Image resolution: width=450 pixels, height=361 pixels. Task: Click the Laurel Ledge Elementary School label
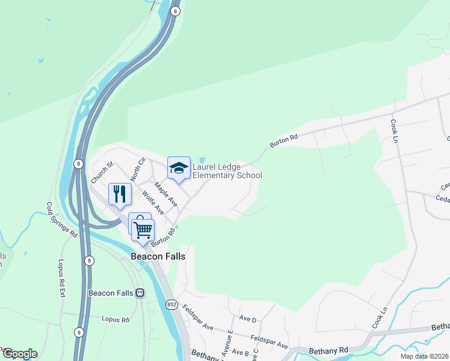[x=227, y=171]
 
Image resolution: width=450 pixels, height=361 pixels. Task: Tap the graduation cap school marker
[x=179, y=168]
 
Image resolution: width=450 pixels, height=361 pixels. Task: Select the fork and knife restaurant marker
[x=119, y=194]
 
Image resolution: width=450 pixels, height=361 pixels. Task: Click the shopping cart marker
[x=143, y=230]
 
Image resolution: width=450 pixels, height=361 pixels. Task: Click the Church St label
[x=102, y=171]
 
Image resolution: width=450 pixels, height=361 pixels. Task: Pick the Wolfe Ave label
[x=153, y=203]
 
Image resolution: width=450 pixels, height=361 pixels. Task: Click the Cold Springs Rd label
[x=62, y=218]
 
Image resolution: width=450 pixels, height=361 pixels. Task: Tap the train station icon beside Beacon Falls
[x=140, y=293]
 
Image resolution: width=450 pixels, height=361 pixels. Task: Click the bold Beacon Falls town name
[x=158, y=256]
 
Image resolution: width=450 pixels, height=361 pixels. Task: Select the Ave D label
[x=247, y=318]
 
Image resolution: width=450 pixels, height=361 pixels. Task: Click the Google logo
[x=19, y=354]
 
